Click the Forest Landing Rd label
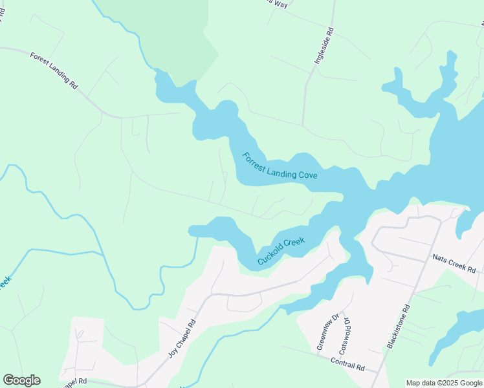[x=53, y=70]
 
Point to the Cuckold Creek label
[x=281, y=251]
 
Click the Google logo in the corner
[x=21, y=380]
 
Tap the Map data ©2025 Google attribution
[x=445, y=383]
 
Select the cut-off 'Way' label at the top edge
[x=279, y=4]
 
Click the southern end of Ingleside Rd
[x=303, y=125]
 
